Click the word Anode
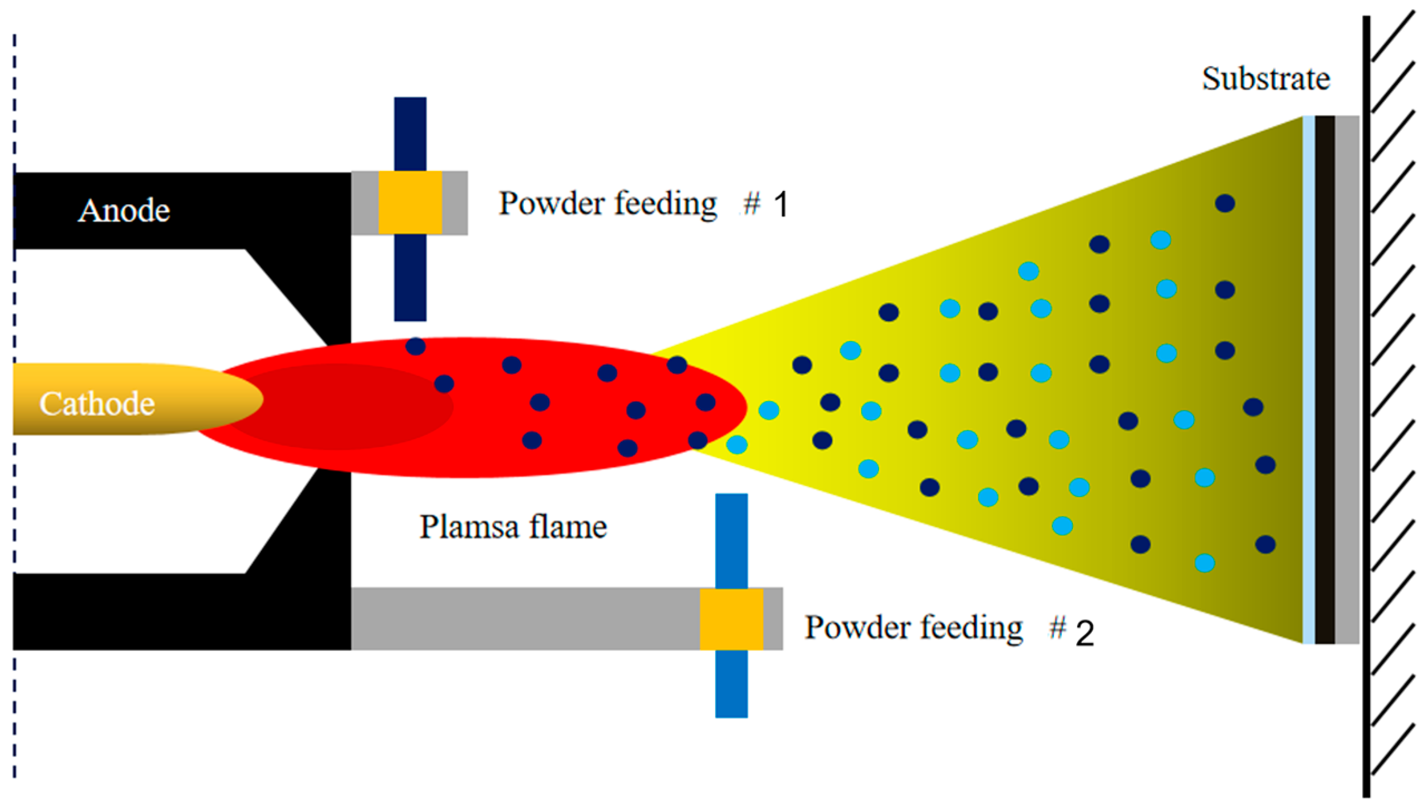[124, 211]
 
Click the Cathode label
[97, 404]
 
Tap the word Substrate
[1265, 78]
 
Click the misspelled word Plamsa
[468, 527]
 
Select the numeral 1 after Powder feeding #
[781, 205]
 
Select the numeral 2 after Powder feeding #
[1085, 633]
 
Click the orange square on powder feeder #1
[410, 203]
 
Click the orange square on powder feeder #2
[731, 619]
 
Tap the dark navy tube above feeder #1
[410, 134]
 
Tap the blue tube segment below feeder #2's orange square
[731, 684]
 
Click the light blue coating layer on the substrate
[1308, 380]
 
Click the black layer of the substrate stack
[1324, 380]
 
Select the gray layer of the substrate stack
[1347, 380]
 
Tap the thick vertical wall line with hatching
[1366, 406]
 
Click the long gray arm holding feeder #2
[523, 619]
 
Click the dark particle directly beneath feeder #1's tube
[415, 346]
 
